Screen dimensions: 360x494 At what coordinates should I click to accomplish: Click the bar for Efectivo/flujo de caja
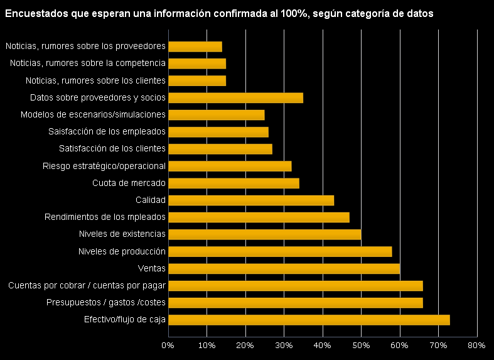pyautogui.click(x=309, y=320)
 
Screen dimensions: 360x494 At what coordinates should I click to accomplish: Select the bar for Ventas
pyautogui.click(x=284, y=269)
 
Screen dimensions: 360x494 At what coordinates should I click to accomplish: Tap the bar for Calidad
pyautogui.click(x=251, y=200)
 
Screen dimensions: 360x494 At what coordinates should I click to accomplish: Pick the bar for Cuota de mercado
pyautogui.click(x=234, y=183)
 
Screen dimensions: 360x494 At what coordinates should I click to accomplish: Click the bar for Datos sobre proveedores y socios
pyautogui.click(x=235, y=98)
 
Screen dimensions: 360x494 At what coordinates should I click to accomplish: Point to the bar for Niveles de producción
pyautogui.click(x=280, y=252)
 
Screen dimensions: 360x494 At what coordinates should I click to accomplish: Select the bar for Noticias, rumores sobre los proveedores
pyautogui.click(x=195, y=46)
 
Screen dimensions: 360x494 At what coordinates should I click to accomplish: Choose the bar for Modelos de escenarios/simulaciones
pyautogui.click(x=217, y=115)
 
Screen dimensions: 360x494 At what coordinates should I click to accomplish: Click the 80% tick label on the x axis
pyautogui.click(x=477, y=346)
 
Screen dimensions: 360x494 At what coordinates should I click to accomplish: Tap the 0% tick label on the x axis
pyautogui.click(x=168, y=346)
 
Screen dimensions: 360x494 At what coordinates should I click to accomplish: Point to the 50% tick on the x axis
pyautogui.click(x=361, y=346)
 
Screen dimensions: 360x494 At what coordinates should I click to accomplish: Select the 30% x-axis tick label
pyautogui.click(x=284, y=346)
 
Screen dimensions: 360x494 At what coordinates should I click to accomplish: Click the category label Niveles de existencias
pyautogui.click(x=122, y=234)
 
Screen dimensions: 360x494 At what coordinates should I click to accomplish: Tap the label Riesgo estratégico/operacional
pyautogui.click(x=104, y=166)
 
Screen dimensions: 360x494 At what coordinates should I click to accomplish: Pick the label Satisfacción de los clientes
pyautogui.click(x=112, y=149)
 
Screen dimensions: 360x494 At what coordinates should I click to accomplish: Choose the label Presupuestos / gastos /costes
pyautogui.click(x=106, y=303)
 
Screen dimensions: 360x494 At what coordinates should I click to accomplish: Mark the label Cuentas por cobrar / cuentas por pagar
pyautogui.click(x=87, y=286)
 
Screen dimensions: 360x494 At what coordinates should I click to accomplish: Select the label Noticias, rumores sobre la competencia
pyautogui.click(x=88, y=63)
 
